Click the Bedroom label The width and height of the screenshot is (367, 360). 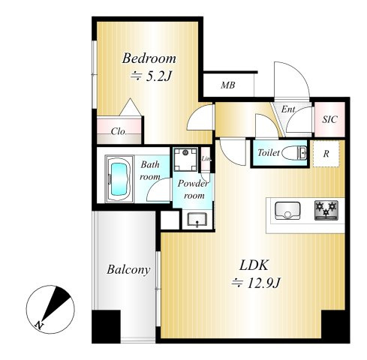pyautogui.click(x=149, y=58)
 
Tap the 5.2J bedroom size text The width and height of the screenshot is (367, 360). pyautogui.click(x=158, y=76)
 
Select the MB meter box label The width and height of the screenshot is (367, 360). pyautogui.click(x=228, y=85)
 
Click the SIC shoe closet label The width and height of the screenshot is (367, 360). pyautogui.click(x=329, y=119)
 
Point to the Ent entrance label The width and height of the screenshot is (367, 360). pyautogui.click(x=288, y=109)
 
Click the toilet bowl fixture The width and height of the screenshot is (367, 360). pyautogui.click(x=294, y=153)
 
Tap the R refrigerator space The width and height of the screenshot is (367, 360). pyautogui.click(x=326, y=154)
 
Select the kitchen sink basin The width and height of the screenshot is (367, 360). pyautogui.click(x=287, y=211)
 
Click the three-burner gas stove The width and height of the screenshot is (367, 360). pyautogui.click(x=326, y=210)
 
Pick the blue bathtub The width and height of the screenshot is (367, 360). pyautogui.click(x=119, y=178)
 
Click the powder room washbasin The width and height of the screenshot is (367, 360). pyautogui.click(x=197, y=219)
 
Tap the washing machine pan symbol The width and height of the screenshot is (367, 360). pyautogui.click(x=185, y=159)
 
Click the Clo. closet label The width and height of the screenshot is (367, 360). pyautogui.click(x=119, y=131)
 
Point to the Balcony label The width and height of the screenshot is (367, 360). pyautogui.click(x=128, y=270)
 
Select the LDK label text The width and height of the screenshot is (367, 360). pyautogui.click(x=254, y=265)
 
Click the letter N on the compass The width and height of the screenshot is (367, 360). pyautogui.click(x=38, y=325)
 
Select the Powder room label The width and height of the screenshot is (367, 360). pyautogui.click(x=194, y=190)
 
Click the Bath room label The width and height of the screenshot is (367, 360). pyautogui.click(x=150, y=170)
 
